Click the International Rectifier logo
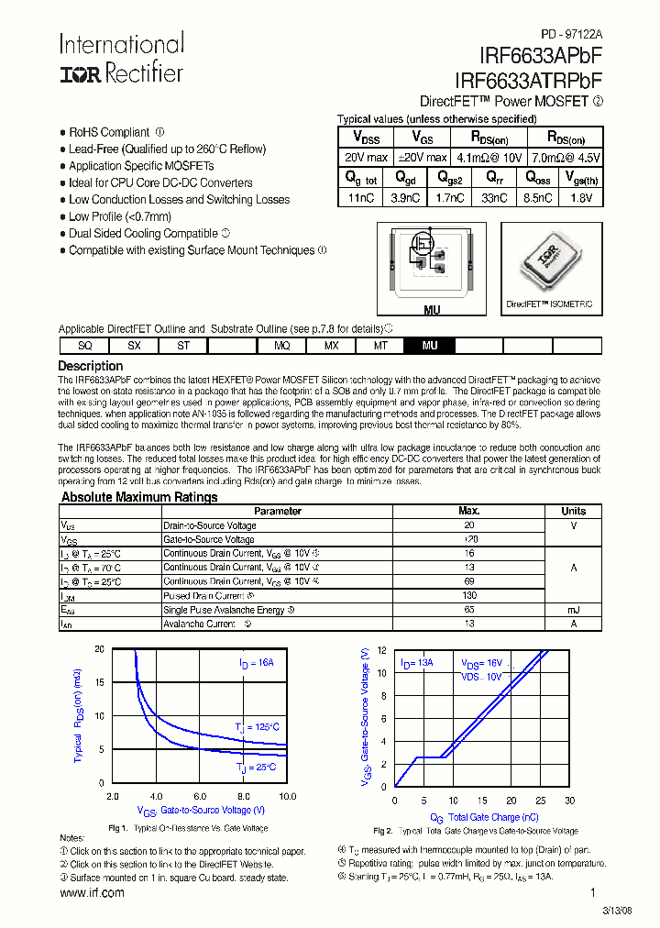click(x=122, y=60)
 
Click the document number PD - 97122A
click(x=566, y=33)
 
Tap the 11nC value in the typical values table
click(x=361, y=197)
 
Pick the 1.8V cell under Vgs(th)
click(x=580, y=197)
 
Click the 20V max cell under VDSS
click(x=366, y=158)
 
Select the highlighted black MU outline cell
click(x=430, y=346)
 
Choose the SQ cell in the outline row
click(x=84, y=346)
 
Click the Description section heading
click(x=91, y=366)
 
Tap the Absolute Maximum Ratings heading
click(x=139, y=497)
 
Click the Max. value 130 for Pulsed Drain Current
click(x=468, y=596)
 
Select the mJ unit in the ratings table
click(x=574, y=610)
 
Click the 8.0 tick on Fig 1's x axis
click(x=243, y=796)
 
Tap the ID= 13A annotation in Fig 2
click(x=416, y=662)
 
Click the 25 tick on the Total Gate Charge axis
click(x=540, y=800)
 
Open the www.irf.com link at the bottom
click(x=92, y=892)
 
